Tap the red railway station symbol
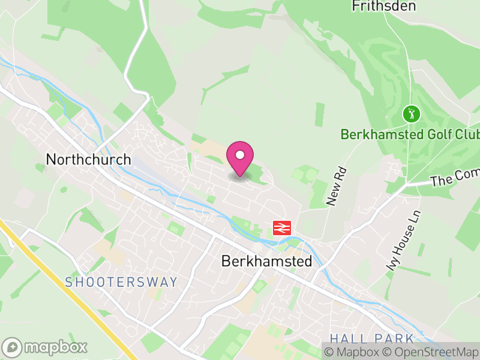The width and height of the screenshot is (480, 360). point(282,227)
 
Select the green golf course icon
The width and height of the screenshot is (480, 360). point(411,113)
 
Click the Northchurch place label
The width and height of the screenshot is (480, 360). point(88,160)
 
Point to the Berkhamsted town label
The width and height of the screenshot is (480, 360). point(267,262)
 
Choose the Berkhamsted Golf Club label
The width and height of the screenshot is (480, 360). point(410,134)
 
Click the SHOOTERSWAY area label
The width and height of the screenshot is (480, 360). point(121,282)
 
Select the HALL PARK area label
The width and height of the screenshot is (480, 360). point(372,338)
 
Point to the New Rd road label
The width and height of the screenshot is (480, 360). point(337,187)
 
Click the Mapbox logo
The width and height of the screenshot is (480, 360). point(46,347)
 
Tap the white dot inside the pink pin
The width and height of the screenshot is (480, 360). point(240,155)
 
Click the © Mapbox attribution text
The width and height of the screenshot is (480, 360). point(355,352)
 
